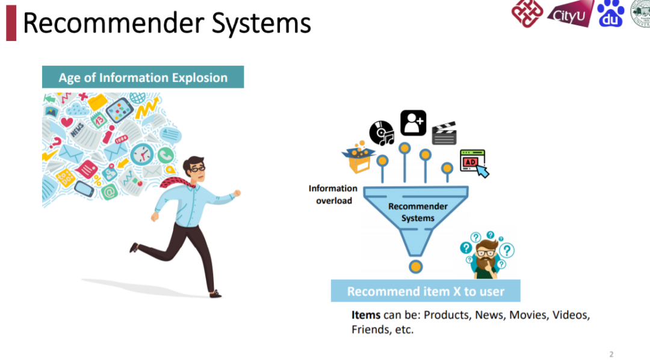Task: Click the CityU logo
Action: coord(569,13)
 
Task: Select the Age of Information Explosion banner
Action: coord(143,78)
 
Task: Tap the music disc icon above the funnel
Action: coord(381,133)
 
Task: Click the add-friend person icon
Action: coord(413,123)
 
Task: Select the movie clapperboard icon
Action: coord(444,134)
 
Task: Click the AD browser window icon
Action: coord(473,161)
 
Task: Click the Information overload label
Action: coord(333,194)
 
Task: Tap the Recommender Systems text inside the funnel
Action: coord(418,212)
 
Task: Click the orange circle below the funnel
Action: coord(415,267)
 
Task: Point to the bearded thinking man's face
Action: coord(484,251)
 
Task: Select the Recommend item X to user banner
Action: coord(426,291)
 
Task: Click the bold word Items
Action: coord(366,315)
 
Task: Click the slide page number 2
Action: coord(611,354)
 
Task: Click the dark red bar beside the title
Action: coord(11,23)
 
